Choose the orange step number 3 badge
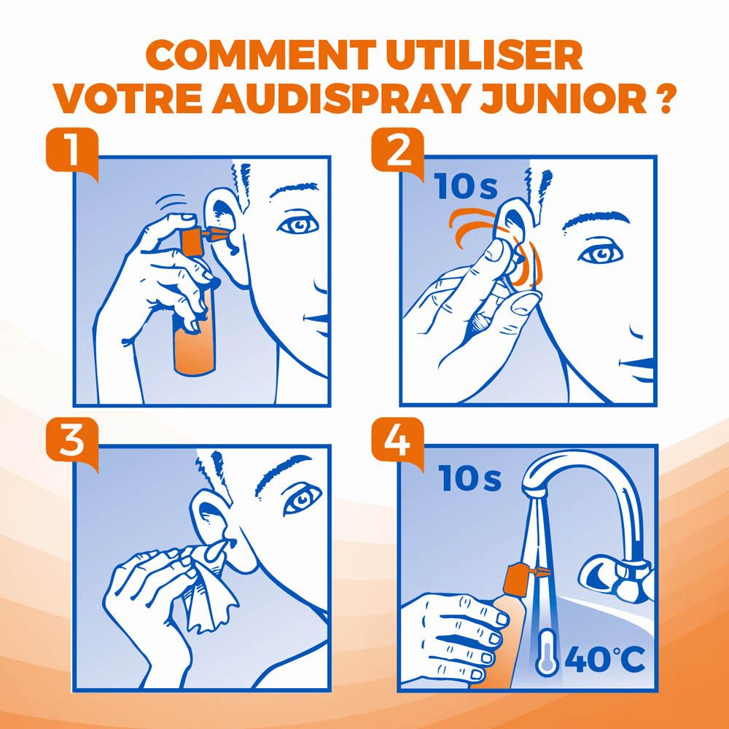[x=71, y=440]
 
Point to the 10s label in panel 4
[x=470, y=479]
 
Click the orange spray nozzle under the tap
[x=518, y=580]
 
